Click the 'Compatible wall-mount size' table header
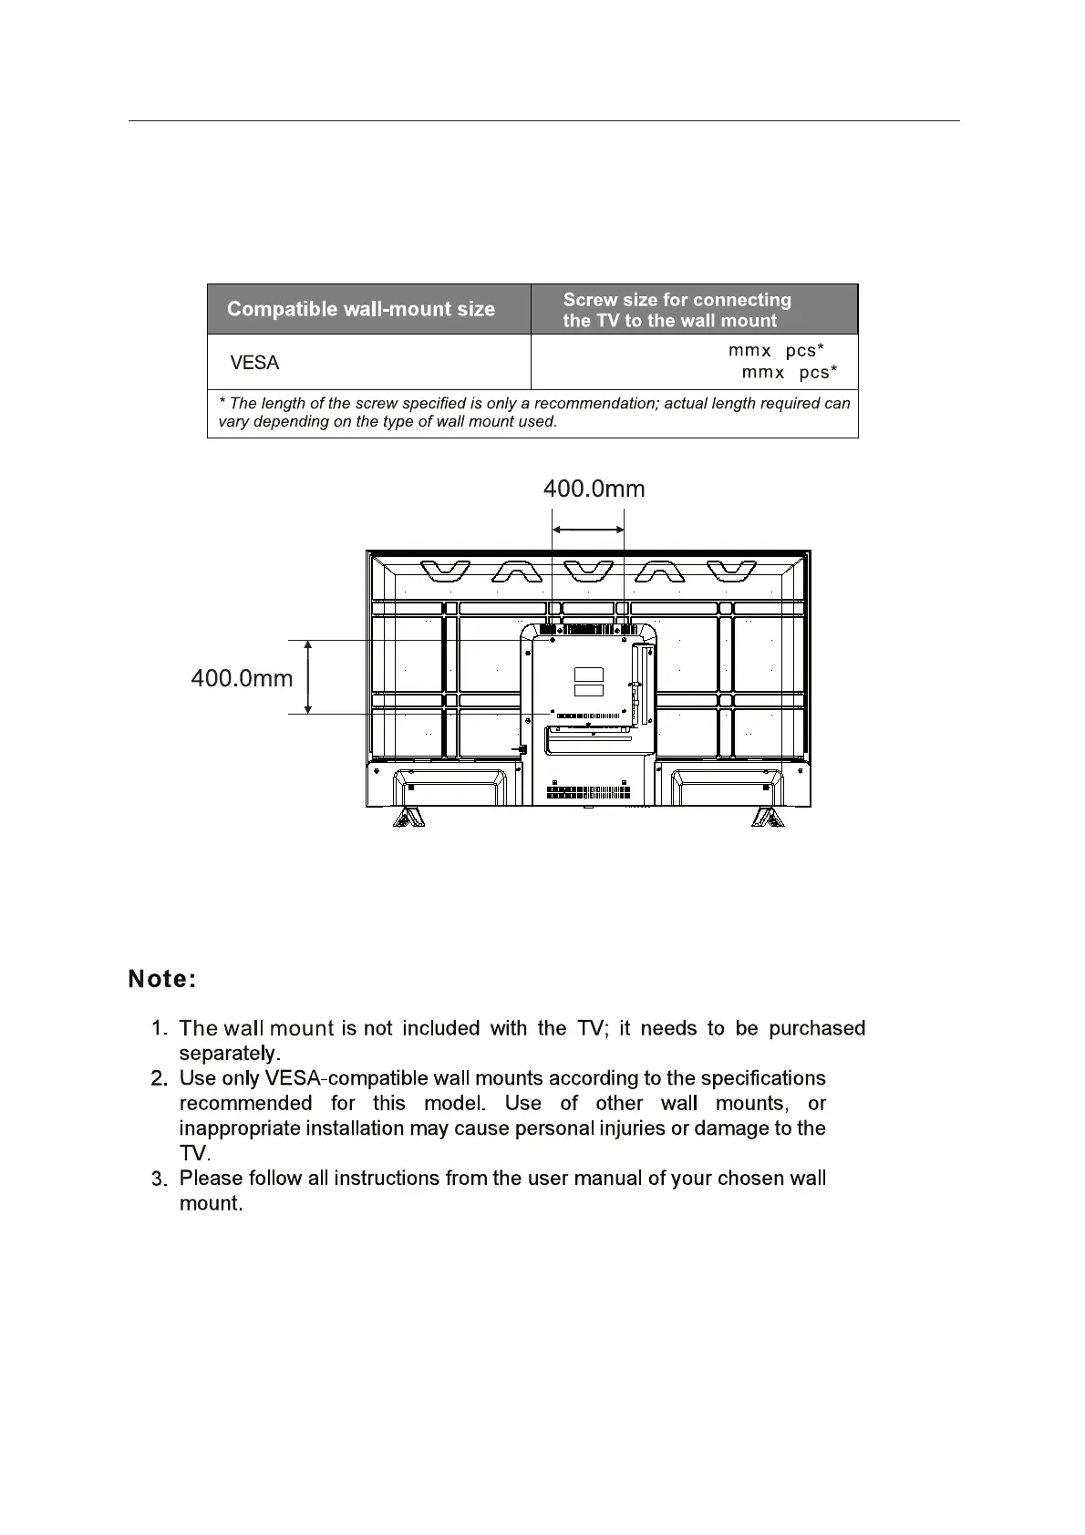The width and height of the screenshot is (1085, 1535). point(360,309)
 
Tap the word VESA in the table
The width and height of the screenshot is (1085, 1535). point(254,363)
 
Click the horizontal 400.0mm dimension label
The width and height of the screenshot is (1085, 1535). point(594,489)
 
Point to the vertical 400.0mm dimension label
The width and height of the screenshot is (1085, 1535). point(242,678)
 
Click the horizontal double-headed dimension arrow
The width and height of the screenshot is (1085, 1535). point(588,530)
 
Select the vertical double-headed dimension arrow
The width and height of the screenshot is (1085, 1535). point(308,676)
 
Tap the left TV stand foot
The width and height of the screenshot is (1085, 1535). point(408,817)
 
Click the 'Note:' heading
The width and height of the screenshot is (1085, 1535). point(162,980)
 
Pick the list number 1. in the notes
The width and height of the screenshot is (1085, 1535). point(159,1029)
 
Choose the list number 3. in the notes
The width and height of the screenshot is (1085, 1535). point(159,1180)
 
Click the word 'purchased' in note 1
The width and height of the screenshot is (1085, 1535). point(816,1029)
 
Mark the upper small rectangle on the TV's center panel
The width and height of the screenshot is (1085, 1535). point(589,675)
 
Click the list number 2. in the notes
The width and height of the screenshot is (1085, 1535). point(159,1079)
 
